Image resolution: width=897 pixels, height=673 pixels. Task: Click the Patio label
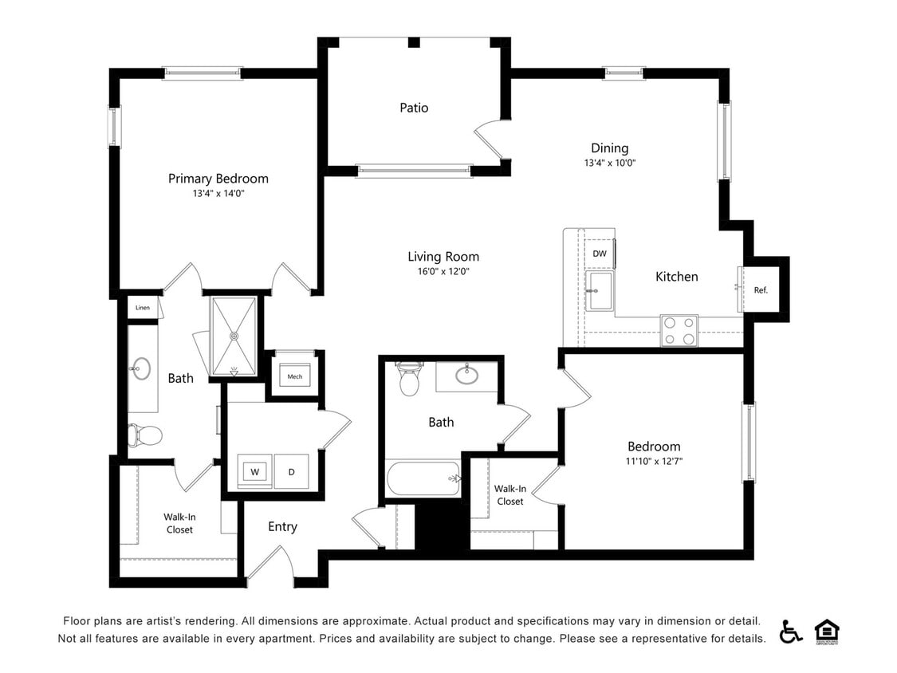point(414,108)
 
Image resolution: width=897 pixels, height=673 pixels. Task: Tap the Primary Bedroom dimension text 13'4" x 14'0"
point(218,194)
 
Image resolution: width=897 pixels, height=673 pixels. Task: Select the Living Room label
point(443,257)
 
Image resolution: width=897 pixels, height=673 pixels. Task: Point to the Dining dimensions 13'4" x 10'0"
point(610,163)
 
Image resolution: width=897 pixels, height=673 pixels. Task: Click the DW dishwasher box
point(600,254)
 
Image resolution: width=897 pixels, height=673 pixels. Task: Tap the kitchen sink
point(600,291)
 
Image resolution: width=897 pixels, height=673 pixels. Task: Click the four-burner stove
point(679,330)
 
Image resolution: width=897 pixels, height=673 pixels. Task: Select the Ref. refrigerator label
point(761,290)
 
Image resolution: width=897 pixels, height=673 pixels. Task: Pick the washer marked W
point(254,471)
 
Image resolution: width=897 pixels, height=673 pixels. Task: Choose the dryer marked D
point(291,471)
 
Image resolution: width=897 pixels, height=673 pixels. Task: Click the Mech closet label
point(294,376)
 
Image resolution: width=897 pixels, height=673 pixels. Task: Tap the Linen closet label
point(143,307)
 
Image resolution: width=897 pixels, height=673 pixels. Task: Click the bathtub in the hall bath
point(423,478)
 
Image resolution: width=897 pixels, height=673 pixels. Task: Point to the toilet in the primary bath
point(145,435)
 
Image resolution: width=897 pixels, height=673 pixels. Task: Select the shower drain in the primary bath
point(234,336)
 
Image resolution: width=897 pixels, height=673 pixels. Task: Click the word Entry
point(282,526)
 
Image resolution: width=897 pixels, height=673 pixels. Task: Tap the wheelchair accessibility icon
point(791,632)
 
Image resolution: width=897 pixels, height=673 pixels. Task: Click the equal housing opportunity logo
point(827,632)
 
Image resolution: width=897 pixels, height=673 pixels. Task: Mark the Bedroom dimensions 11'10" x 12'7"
point(654,461)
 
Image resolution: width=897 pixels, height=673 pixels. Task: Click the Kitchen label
point(677,277)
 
